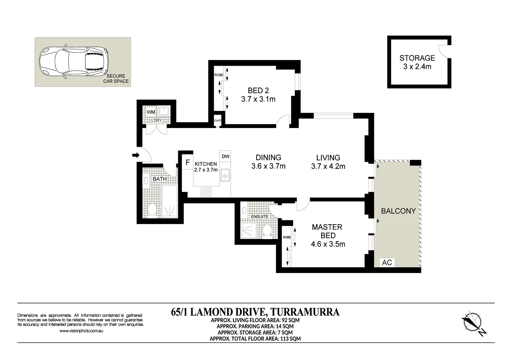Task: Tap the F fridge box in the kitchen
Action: pyautogui.click(x=188, y=163)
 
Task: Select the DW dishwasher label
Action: pyautogui.click(x=225, y=156)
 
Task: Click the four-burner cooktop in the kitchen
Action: pyautogui.click(x=206, y=192)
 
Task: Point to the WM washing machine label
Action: pyautogui.click(x=151, y=112)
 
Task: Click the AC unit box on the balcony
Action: pyautogui.click(x=387, y=262)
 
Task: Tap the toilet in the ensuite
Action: pyautogui.click(x=267, y=231)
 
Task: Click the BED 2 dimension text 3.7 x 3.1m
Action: pyautogui.click(x=258, y=99)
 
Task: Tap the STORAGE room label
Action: pyautogui.click(x=417, y=58)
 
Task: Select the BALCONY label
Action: pyautogui.click(x=398, y=211)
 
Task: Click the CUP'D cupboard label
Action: pyautogui.click(x=217, y=121)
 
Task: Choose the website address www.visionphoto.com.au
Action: pyautogui.click(x=81, y=331)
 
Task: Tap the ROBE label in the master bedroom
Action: pyautogui.click(x=287, y=237)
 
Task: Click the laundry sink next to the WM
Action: pyautogui.click(x=164, y=111)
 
